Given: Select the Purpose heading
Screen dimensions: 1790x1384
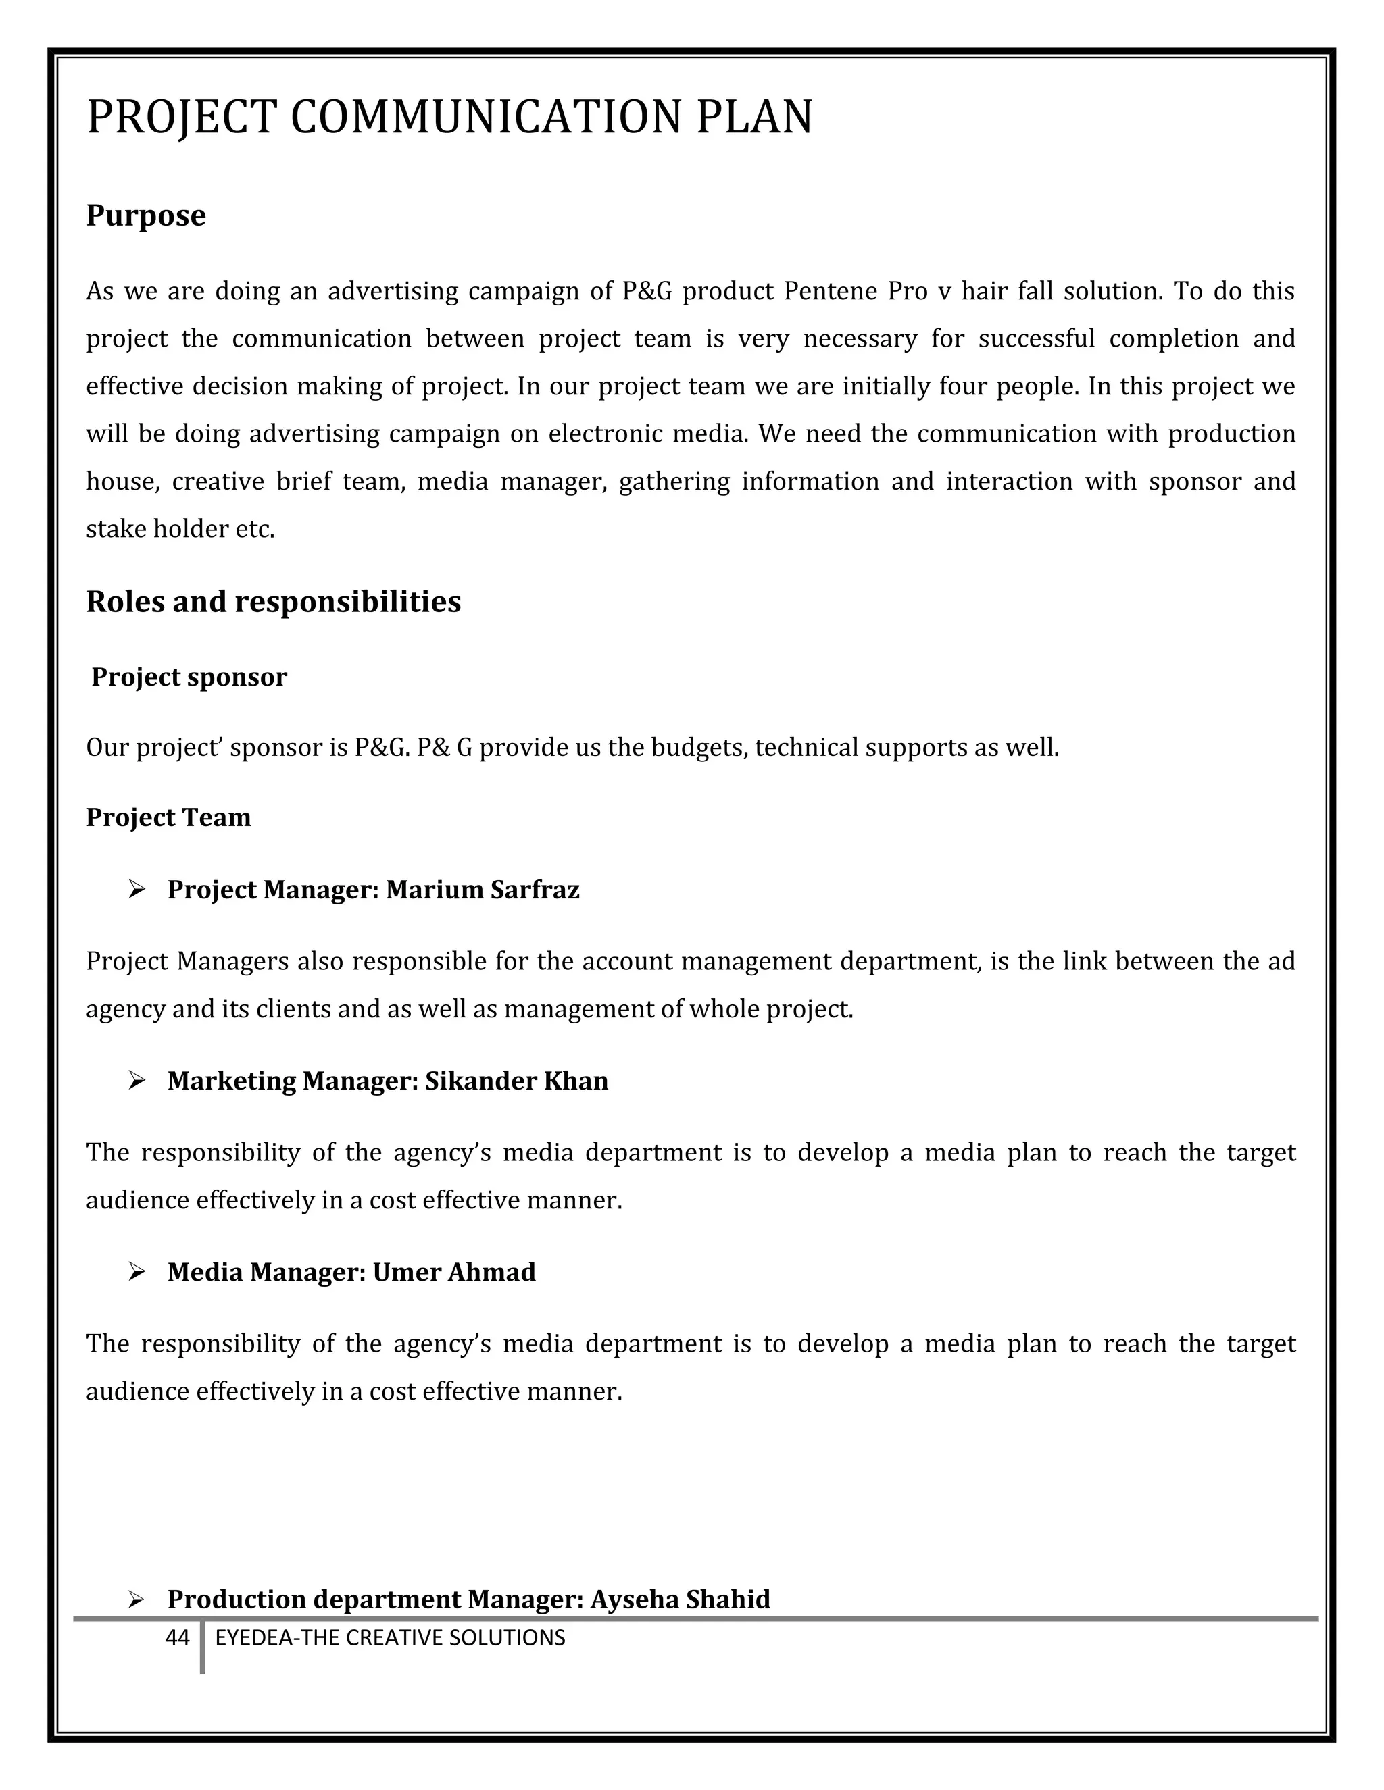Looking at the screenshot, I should pyautogui.click(x=146, y=215).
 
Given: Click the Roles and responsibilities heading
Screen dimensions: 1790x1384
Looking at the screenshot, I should pyautogui.click(x=273, y=602).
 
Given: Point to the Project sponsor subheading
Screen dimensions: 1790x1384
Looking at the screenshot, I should pyautogui.click(x=189, y=677).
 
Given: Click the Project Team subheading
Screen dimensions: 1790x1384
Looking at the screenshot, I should pyautogui.click(x=168, y=817).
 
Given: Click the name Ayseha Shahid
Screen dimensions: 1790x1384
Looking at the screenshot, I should pyautogui.click(x=680, y=1599).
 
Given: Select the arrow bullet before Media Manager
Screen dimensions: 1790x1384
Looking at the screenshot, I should pyautogui.click(x=137, y=1271).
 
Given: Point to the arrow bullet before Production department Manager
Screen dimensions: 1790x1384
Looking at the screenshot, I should pyautogui.click(x=137, y=1599).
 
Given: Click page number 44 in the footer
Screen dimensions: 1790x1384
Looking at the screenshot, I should pyautogui.click(x=177, y=1637).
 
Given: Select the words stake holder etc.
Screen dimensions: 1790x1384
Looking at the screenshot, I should pyautogui.click(x=180, y=529).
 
